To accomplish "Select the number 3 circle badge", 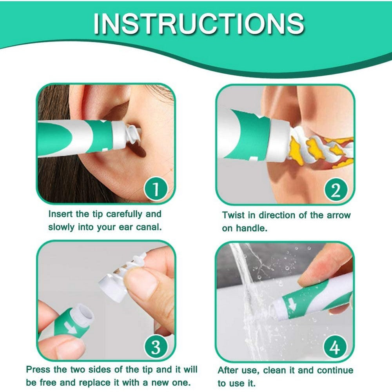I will point(156,347).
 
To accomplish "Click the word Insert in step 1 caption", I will point(60,214).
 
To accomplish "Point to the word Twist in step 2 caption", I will point(234,215).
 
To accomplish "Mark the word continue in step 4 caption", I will point(335,370).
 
